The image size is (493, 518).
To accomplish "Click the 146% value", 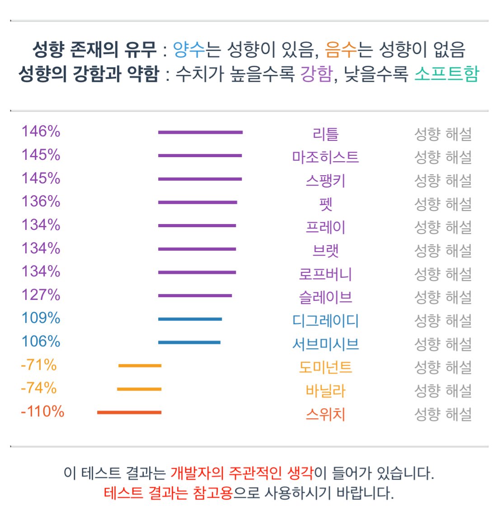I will coord(41,132).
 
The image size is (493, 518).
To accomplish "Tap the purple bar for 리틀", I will coord(200,132).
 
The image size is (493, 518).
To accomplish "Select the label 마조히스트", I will coord(325,157).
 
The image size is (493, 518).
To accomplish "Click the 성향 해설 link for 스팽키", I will coord(443,181).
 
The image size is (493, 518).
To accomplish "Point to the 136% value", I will coord(41,201).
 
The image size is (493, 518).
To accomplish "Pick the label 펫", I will coord(325,204).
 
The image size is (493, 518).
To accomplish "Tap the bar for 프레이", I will coord(197,225).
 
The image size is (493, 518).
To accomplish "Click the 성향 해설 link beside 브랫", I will coord(443,251).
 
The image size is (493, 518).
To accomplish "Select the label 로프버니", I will coord(325,274).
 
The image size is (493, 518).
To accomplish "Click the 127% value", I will coord(41,295).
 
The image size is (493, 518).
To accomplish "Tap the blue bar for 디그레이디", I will coord(190,319).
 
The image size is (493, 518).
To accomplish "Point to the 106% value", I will coord(41,341).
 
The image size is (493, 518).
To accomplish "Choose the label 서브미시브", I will coord(325,344).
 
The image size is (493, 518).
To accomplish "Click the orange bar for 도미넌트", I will coord(140,365).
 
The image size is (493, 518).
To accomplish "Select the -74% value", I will coord(38,388).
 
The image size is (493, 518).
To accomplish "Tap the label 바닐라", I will coord(325,391).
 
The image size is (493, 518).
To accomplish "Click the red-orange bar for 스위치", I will coord(129,412).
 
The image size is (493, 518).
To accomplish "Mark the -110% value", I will coord(42,412).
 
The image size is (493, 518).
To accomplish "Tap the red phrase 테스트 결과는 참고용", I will coord(168,493).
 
